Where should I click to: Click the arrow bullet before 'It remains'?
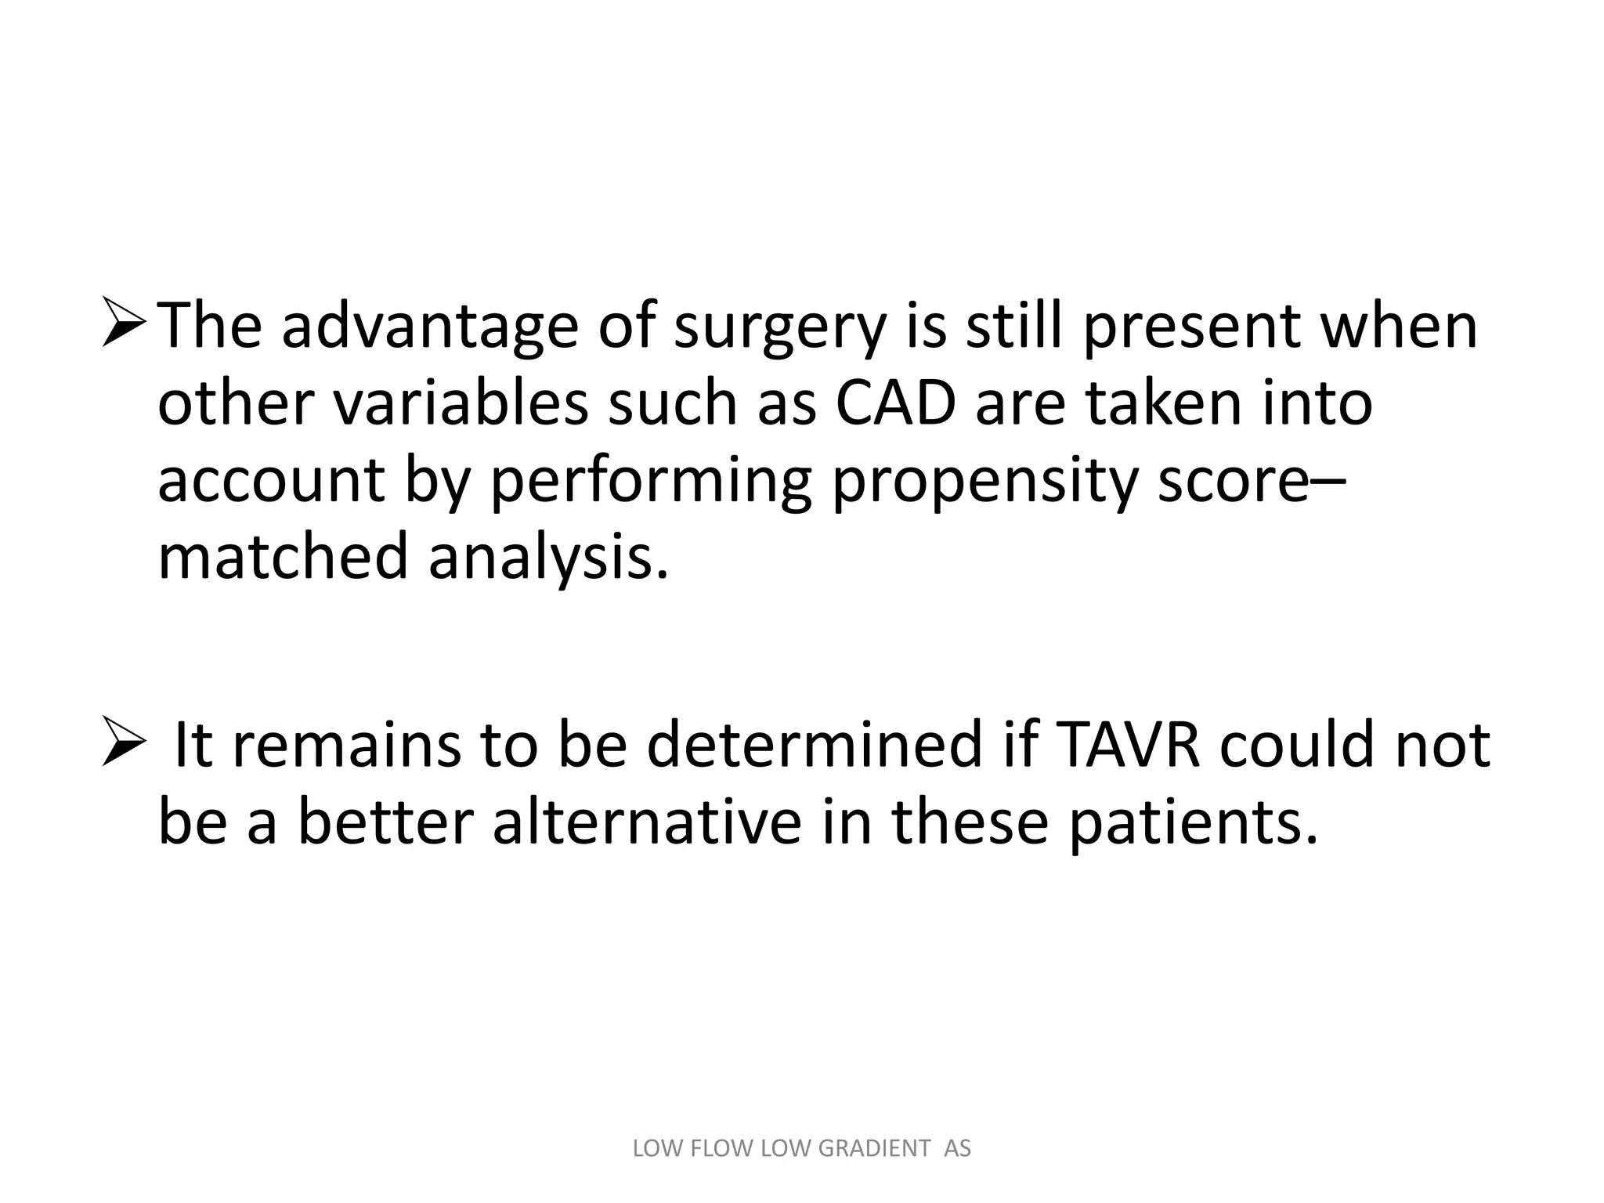[x=124, y=744]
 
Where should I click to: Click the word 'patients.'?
[x=1194, y=824]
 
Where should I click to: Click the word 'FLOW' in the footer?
[x=724, y=1148]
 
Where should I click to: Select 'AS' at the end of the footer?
[x=957, y=1148]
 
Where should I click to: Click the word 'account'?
[x=270, y=481]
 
